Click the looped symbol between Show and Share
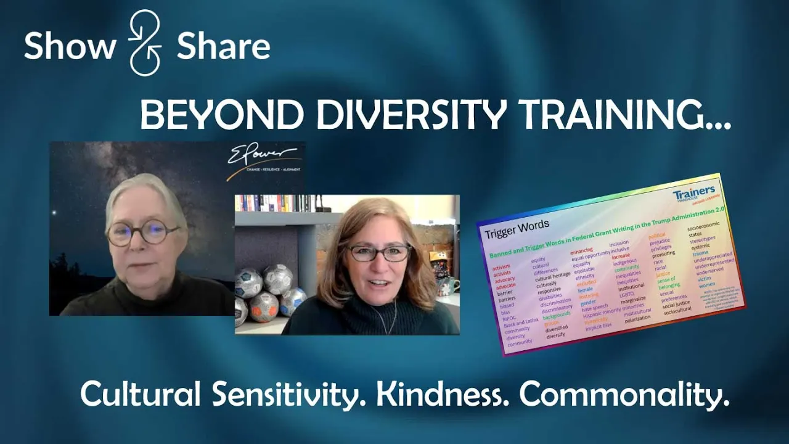145,43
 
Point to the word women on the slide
707,284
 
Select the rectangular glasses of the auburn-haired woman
378,252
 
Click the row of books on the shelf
277,203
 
